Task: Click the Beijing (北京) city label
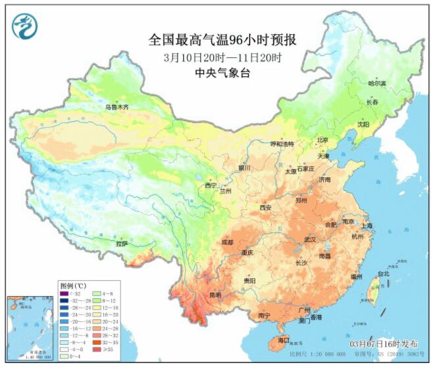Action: click(x=322, y=140)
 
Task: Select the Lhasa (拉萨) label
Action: click(x=122, y=243)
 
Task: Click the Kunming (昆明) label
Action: click(x=215, y=295)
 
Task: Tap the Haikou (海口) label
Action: click(x=283, y=340)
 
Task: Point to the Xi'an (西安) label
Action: click(x=265, y=207)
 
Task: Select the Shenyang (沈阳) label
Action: click(x=363, y=124)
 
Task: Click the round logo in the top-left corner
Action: click(x=24, y=26)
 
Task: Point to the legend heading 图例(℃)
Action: click(x=73, y=285)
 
